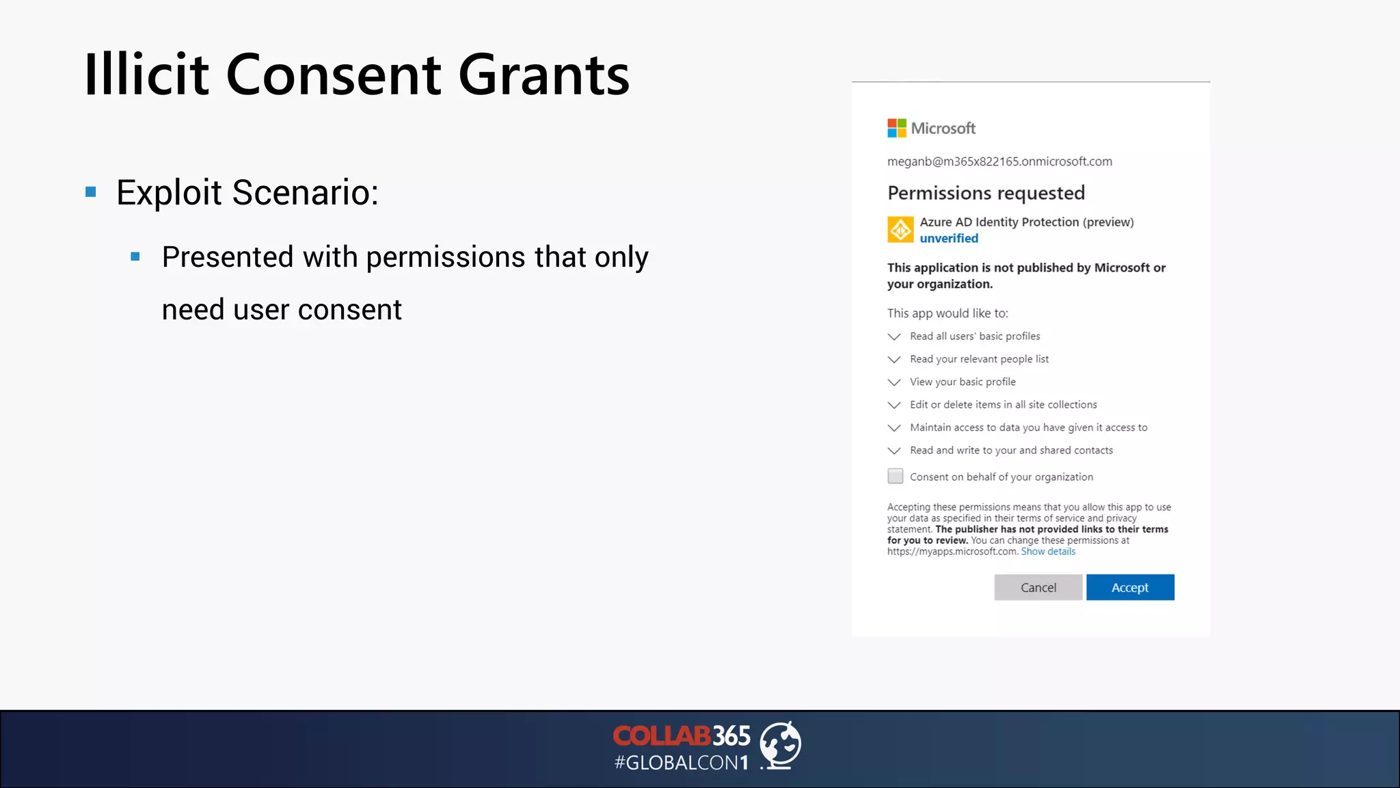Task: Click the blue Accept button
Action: pos(1130,588)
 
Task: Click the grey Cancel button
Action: pos(1038,588)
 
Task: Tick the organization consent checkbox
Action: pos(895,476)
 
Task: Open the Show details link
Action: pos(1048,551)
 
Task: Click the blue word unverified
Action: pos(949,238)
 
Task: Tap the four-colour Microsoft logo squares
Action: pos(896,128)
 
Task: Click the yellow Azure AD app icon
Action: pos(900,230)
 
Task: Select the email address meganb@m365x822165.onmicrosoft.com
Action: pos(999,161)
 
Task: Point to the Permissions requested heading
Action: pos(986,193)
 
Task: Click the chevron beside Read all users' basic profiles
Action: pos(894,337)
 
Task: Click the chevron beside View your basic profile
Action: pos(894,382)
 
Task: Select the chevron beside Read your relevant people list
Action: pos(894,359)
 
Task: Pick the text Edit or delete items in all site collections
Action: pos(1003,405)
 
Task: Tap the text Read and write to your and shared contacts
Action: pos(1011,450)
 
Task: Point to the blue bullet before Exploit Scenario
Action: pos(91,192)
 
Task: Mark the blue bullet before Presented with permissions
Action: pos(135,257)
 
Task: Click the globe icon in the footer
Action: pos(780,745)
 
